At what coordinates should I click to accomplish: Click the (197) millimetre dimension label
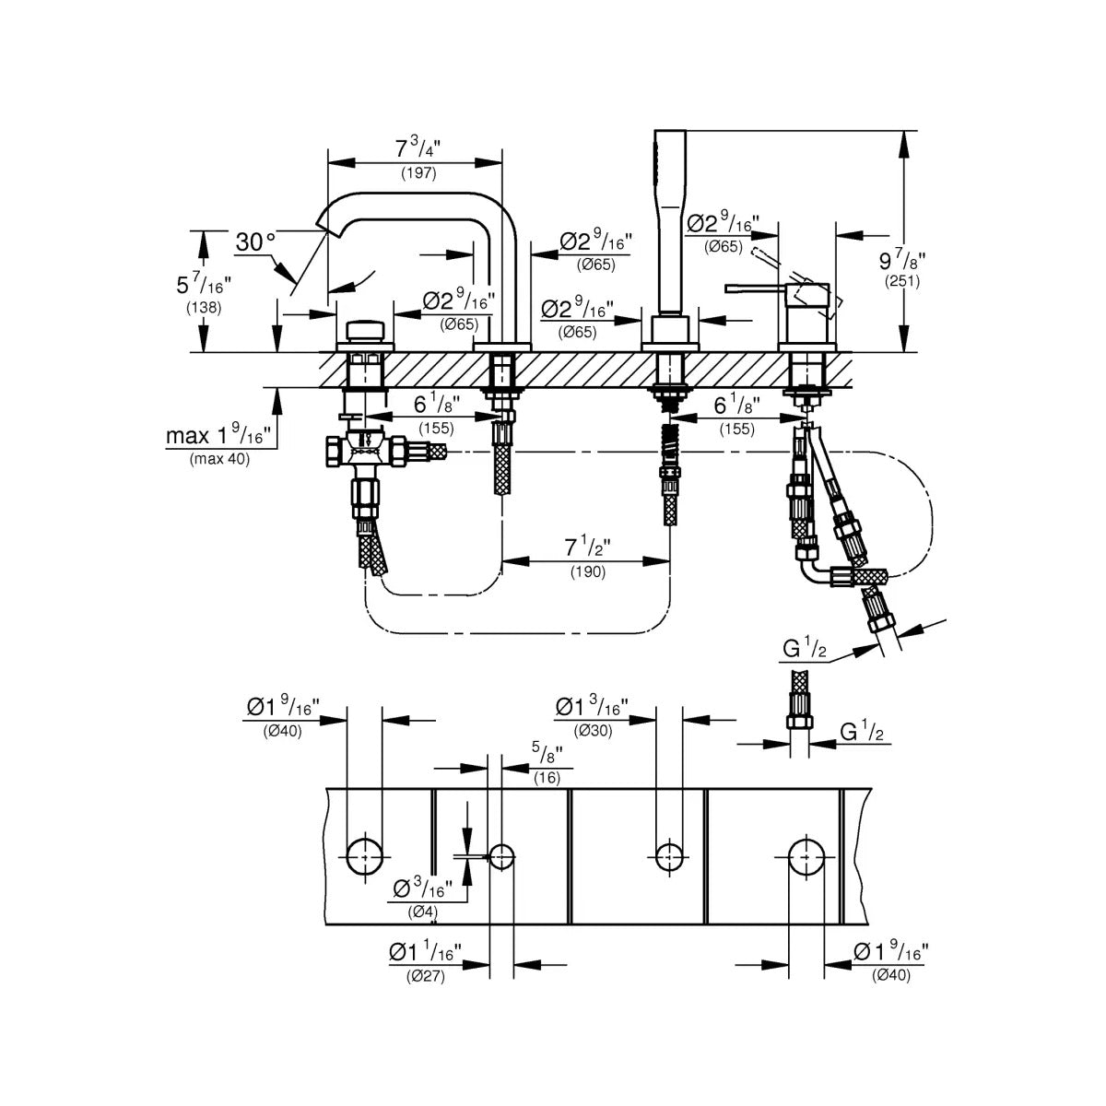coord(418,172)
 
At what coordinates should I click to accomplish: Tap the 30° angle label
coord(255,242)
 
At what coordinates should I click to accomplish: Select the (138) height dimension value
coord(204,308)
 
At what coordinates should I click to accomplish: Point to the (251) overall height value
coord(901,281)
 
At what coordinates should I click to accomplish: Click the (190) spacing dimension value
coord(588,571)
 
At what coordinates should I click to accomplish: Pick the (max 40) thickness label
coord(220,459)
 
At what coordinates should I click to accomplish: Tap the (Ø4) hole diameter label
coord(422,911)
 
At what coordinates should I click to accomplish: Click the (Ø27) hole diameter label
coord(425,976)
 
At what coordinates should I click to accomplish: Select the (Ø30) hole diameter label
coord(593,731)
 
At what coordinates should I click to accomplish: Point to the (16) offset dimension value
coord(547,778)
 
